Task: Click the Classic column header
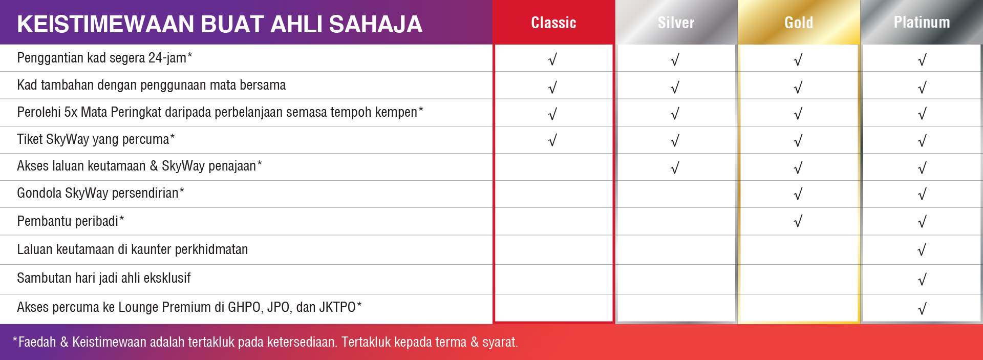click(553, 23)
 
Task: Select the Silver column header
click(676, 23)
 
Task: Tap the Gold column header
click(799, 23)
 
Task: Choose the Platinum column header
click(922, 22)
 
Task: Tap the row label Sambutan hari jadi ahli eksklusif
click(103, 278)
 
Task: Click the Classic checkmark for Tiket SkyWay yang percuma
click(552, 140)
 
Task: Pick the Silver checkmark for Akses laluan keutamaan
click(675, 168)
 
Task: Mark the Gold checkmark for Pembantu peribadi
click(798, 221)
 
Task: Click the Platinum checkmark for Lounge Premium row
click(922, 309)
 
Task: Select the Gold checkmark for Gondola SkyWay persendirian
click(798, 194)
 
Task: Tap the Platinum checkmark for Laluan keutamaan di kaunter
click(922, 250)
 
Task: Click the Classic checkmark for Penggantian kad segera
click(552, 60)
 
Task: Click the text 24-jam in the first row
click(167, 58)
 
